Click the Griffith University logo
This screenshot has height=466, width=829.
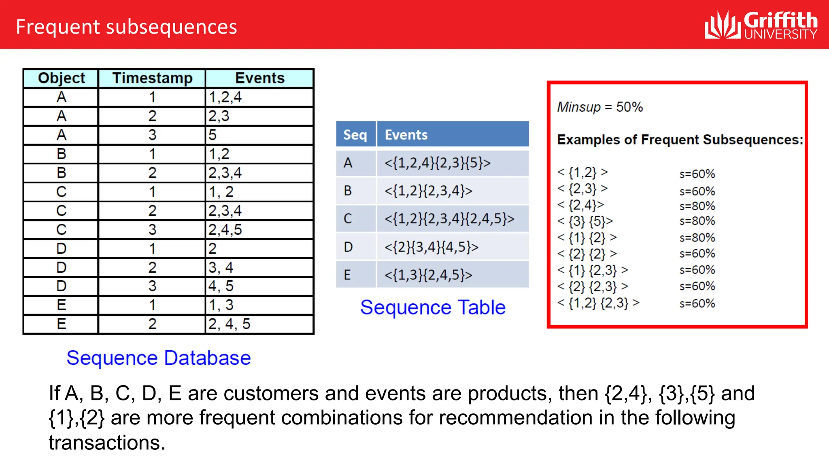[761, 25]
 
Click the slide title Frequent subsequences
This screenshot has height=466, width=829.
[126, 27]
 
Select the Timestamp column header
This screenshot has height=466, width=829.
[152, 78]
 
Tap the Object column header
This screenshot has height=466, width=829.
[61, 78]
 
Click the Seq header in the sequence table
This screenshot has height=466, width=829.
[355, 135]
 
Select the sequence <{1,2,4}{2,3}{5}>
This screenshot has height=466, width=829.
[438, 163]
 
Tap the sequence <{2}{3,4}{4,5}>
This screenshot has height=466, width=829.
[432, 247]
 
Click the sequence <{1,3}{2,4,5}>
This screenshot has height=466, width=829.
[428, 275]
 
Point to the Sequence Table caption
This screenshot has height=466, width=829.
[433, 307]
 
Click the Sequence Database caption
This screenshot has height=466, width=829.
[159, 358]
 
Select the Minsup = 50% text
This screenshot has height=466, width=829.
[600, 107]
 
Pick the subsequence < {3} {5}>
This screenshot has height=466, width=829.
[585, 221]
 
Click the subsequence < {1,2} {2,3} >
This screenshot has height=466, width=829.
[598, 303]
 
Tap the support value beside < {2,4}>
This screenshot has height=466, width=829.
[697, 206]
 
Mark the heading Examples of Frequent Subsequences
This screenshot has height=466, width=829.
[680, 140]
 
